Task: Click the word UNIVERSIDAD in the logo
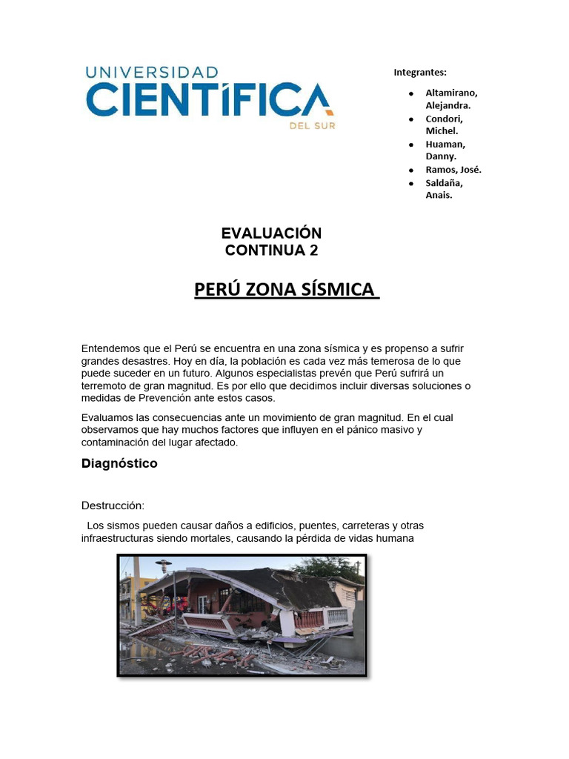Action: pos(152,73)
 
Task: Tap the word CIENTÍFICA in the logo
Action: pos(209,100)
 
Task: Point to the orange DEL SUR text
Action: pos(312,126)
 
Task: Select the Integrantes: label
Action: pos(420,73)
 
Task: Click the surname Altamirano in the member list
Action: pos(451,93)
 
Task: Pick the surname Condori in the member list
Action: pos(444,119)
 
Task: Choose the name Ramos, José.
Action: pos(453,170)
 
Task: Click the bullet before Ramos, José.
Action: pos(410,170)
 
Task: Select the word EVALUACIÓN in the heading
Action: pos(271,233)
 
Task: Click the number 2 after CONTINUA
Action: pos(313,251)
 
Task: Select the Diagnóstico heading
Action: pos(119,464)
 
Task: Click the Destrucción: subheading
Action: pos(113,506)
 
